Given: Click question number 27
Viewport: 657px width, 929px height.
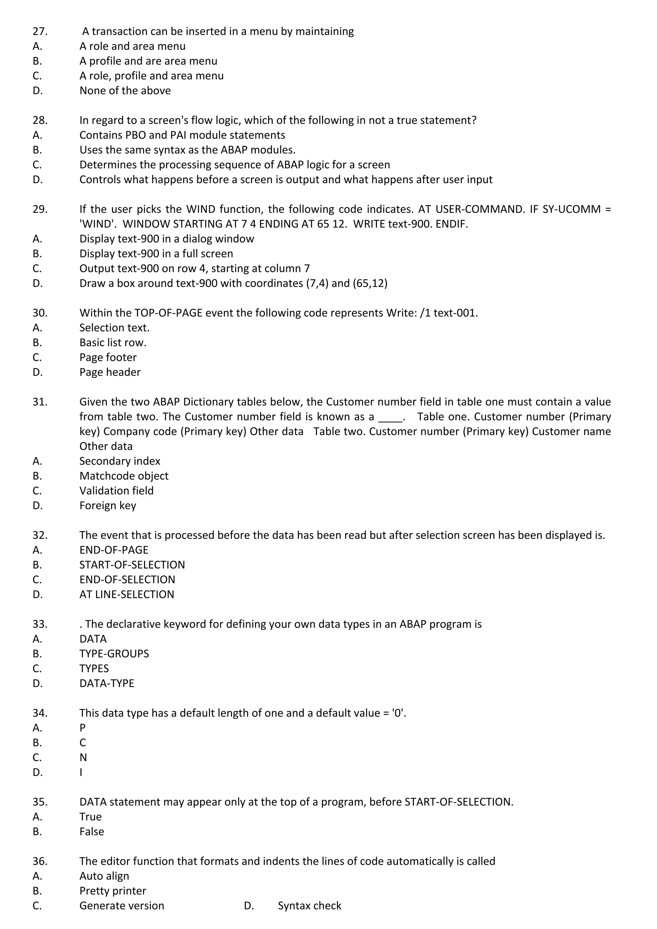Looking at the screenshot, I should [40, 31].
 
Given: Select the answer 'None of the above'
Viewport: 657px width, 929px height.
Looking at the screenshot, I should [125, 91].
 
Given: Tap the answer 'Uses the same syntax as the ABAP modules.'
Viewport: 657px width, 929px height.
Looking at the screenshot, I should [187, 150].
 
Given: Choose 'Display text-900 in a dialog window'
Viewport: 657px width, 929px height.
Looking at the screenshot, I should [167, 239].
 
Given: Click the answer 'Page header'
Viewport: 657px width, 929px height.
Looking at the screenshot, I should [110, 372].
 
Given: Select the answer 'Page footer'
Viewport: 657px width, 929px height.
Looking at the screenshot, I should [108, 357].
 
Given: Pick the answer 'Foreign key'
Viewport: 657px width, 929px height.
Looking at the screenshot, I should [107, 506].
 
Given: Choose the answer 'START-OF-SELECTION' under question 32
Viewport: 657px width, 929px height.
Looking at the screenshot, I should [132, 565].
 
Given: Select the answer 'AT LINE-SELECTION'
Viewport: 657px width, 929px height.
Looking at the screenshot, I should [127, 594].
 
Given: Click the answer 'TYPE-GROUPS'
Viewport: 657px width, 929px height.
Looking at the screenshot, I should [114, 654].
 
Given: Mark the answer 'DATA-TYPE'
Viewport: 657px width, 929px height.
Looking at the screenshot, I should [107, 683].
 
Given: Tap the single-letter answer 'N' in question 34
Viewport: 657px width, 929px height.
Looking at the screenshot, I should [83, 757].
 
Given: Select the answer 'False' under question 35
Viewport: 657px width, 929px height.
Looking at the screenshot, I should [92, 831].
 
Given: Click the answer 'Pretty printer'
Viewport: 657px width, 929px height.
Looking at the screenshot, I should [113, 891].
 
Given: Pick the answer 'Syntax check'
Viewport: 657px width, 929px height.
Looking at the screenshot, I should [310, 906].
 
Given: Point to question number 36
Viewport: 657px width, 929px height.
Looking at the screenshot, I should [40, 861].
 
